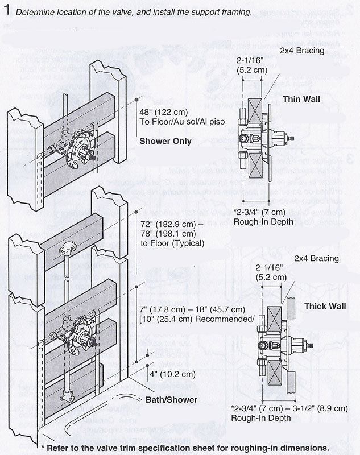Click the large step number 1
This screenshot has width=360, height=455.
[x=7, y=11]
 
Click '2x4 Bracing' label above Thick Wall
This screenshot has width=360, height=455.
[x=317, y=259]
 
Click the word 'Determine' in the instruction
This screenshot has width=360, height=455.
[x=35, y=12]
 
